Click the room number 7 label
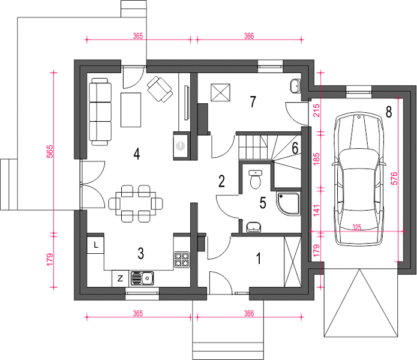(253, 102)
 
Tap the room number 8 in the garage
(389, 112)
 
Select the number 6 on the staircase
(295, 148)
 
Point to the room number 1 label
(258, 259)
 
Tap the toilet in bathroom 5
(256, 179)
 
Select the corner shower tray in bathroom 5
(288, 204)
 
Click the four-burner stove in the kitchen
(182, 260)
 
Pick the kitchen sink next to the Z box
(142, 278)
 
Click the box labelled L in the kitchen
(95, 245)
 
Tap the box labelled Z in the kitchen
(120, 278)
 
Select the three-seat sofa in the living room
(100, 112)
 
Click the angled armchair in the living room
(160, 89)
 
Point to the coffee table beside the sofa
(131, 110)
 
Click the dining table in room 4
(136, 203)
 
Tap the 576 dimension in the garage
(395, 178)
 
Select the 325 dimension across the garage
(357, 227)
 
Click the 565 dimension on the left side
(50, 152)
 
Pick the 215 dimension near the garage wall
(316, 110)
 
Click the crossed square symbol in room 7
(220, 92)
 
